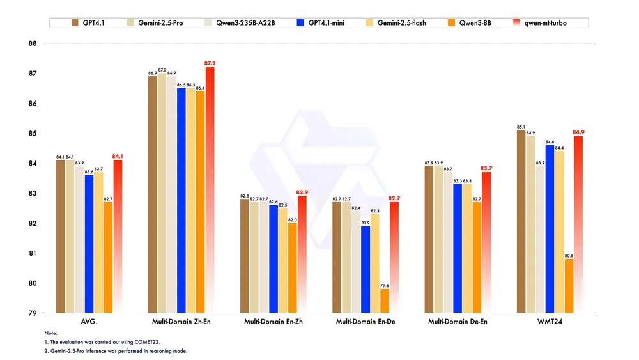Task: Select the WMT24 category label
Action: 550,321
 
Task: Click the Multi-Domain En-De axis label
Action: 366,321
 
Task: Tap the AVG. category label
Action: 89,321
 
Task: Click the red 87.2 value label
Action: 210,63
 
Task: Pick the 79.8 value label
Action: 385,285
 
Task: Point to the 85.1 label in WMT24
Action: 520,126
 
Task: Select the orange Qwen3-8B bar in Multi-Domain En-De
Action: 385,301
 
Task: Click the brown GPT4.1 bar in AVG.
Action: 61,237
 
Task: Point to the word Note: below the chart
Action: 51,333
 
